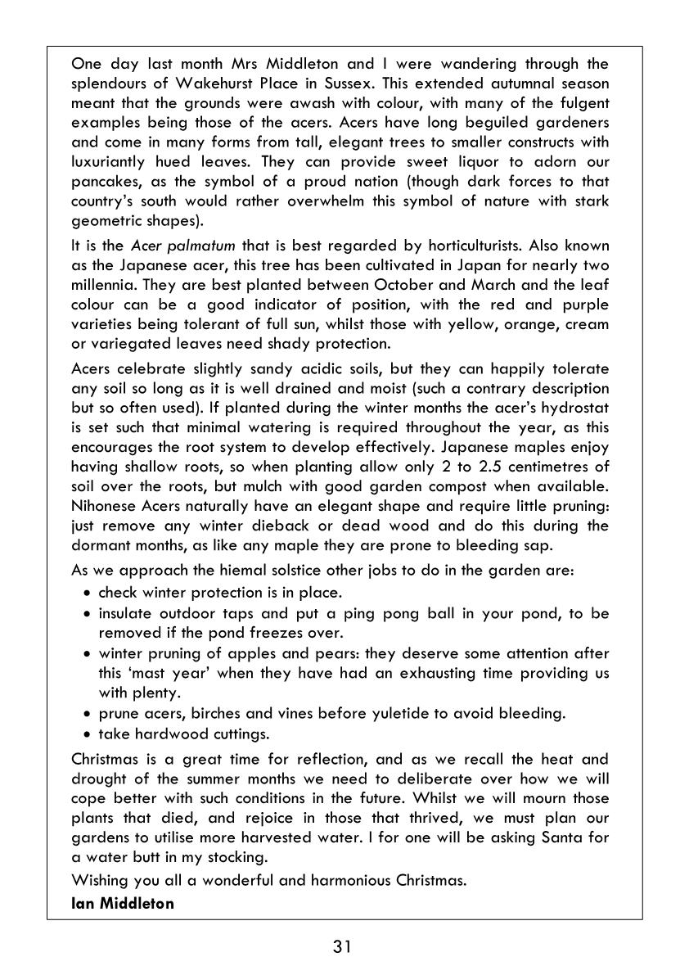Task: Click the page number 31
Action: pos(343,947)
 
